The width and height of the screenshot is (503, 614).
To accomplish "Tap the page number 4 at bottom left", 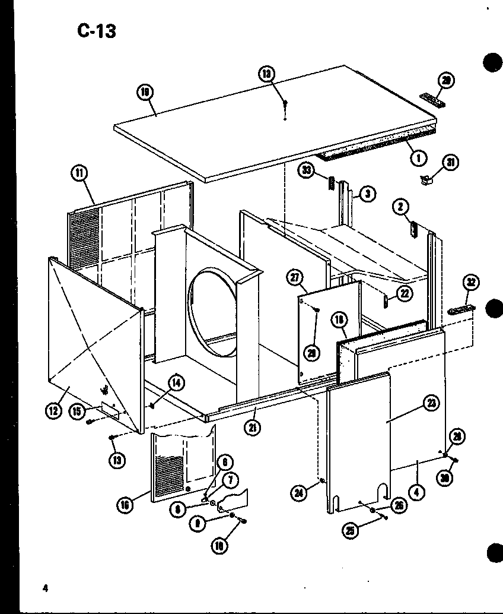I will [44, 588].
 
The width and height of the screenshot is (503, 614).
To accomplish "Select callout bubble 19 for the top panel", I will [144, 93].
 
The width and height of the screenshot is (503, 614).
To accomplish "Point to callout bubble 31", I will [451, 162].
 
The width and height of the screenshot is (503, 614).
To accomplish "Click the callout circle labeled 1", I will [419, 159].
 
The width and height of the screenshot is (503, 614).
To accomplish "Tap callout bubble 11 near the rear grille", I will [78, 174].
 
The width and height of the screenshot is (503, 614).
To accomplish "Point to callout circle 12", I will [54, 410].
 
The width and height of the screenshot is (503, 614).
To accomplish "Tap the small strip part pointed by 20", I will [432, 99].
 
